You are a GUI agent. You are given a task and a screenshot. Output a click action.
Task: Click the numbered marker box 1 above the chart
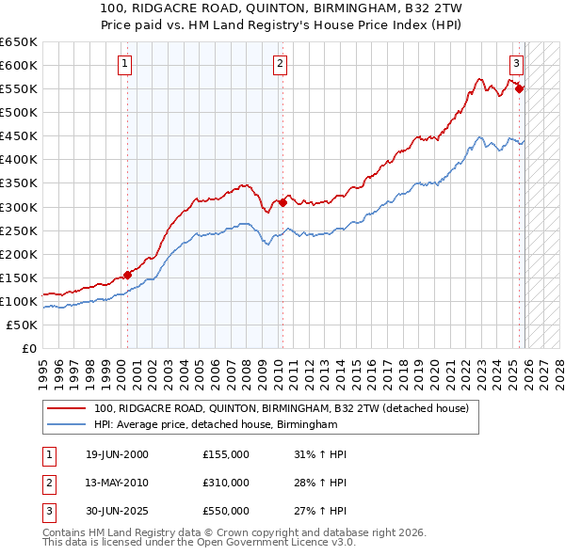pyautogui.click(x=126, y=64)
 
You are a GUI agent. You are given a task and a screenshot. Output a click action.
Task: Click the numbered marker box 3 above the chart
pyautogui.click(x=517, y=64)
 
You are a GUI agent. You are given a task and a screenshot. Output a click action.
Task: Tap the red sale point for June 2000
pyautogui.click(x=128, y=276)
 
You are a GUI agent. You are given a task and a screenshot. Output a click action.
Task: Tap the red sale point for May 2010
pyautogui.click(x=282, y=202)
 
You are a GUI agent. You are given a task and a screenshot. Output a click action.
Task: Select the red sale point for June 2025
pyautogui.click(x=520, y=88)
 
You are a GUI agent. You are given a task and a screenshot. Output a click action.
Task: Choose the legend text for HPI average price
pyautogui.click(x=215, y=425)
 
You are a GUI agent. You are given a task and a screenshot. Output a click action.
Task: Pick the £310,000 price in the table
pyautogui.click(x=225, y=483)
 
